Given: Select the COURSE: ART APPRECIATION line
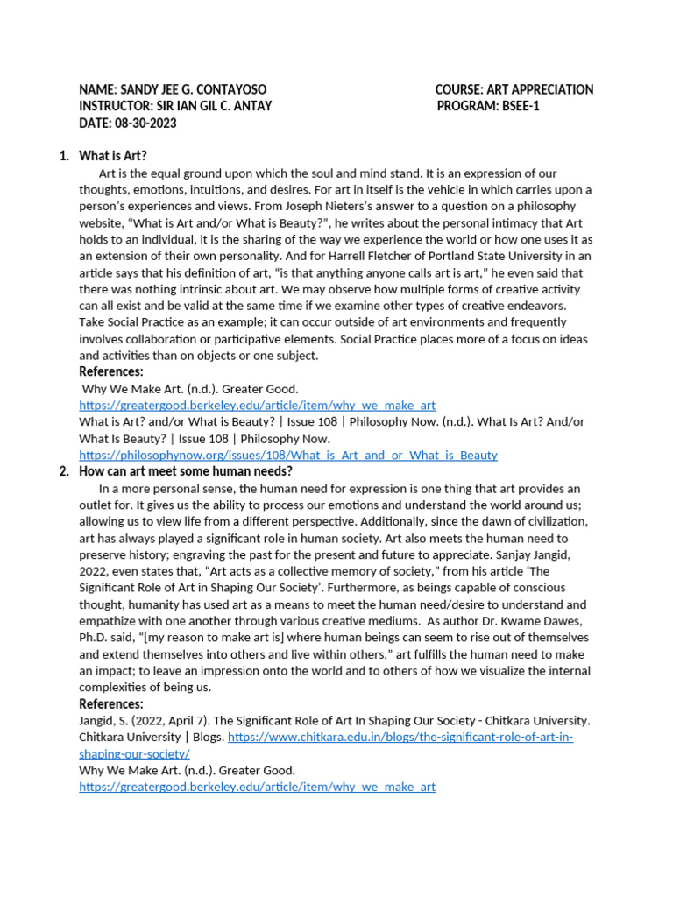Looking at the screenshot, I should (514, 90).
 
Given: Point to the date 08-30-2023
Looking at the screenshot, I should (144, 124).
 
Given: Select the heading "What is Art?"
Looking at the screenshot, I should (113, 157).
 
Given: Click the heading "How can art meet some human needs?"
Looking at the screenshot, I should (186, 471).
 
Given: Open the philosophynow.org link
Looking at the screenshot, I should (287, 456).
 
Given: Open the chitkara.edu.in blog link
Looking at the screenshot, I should (400, 738).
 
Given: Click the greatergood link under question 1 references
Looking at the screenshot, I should (257, 406).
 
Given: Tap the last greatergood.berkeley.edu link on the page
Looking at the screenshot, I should (257, 788).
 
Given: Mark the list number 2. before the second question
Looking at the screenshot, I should (64, 471).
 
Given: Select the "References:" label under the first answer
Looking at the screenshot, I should (111, 372).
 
